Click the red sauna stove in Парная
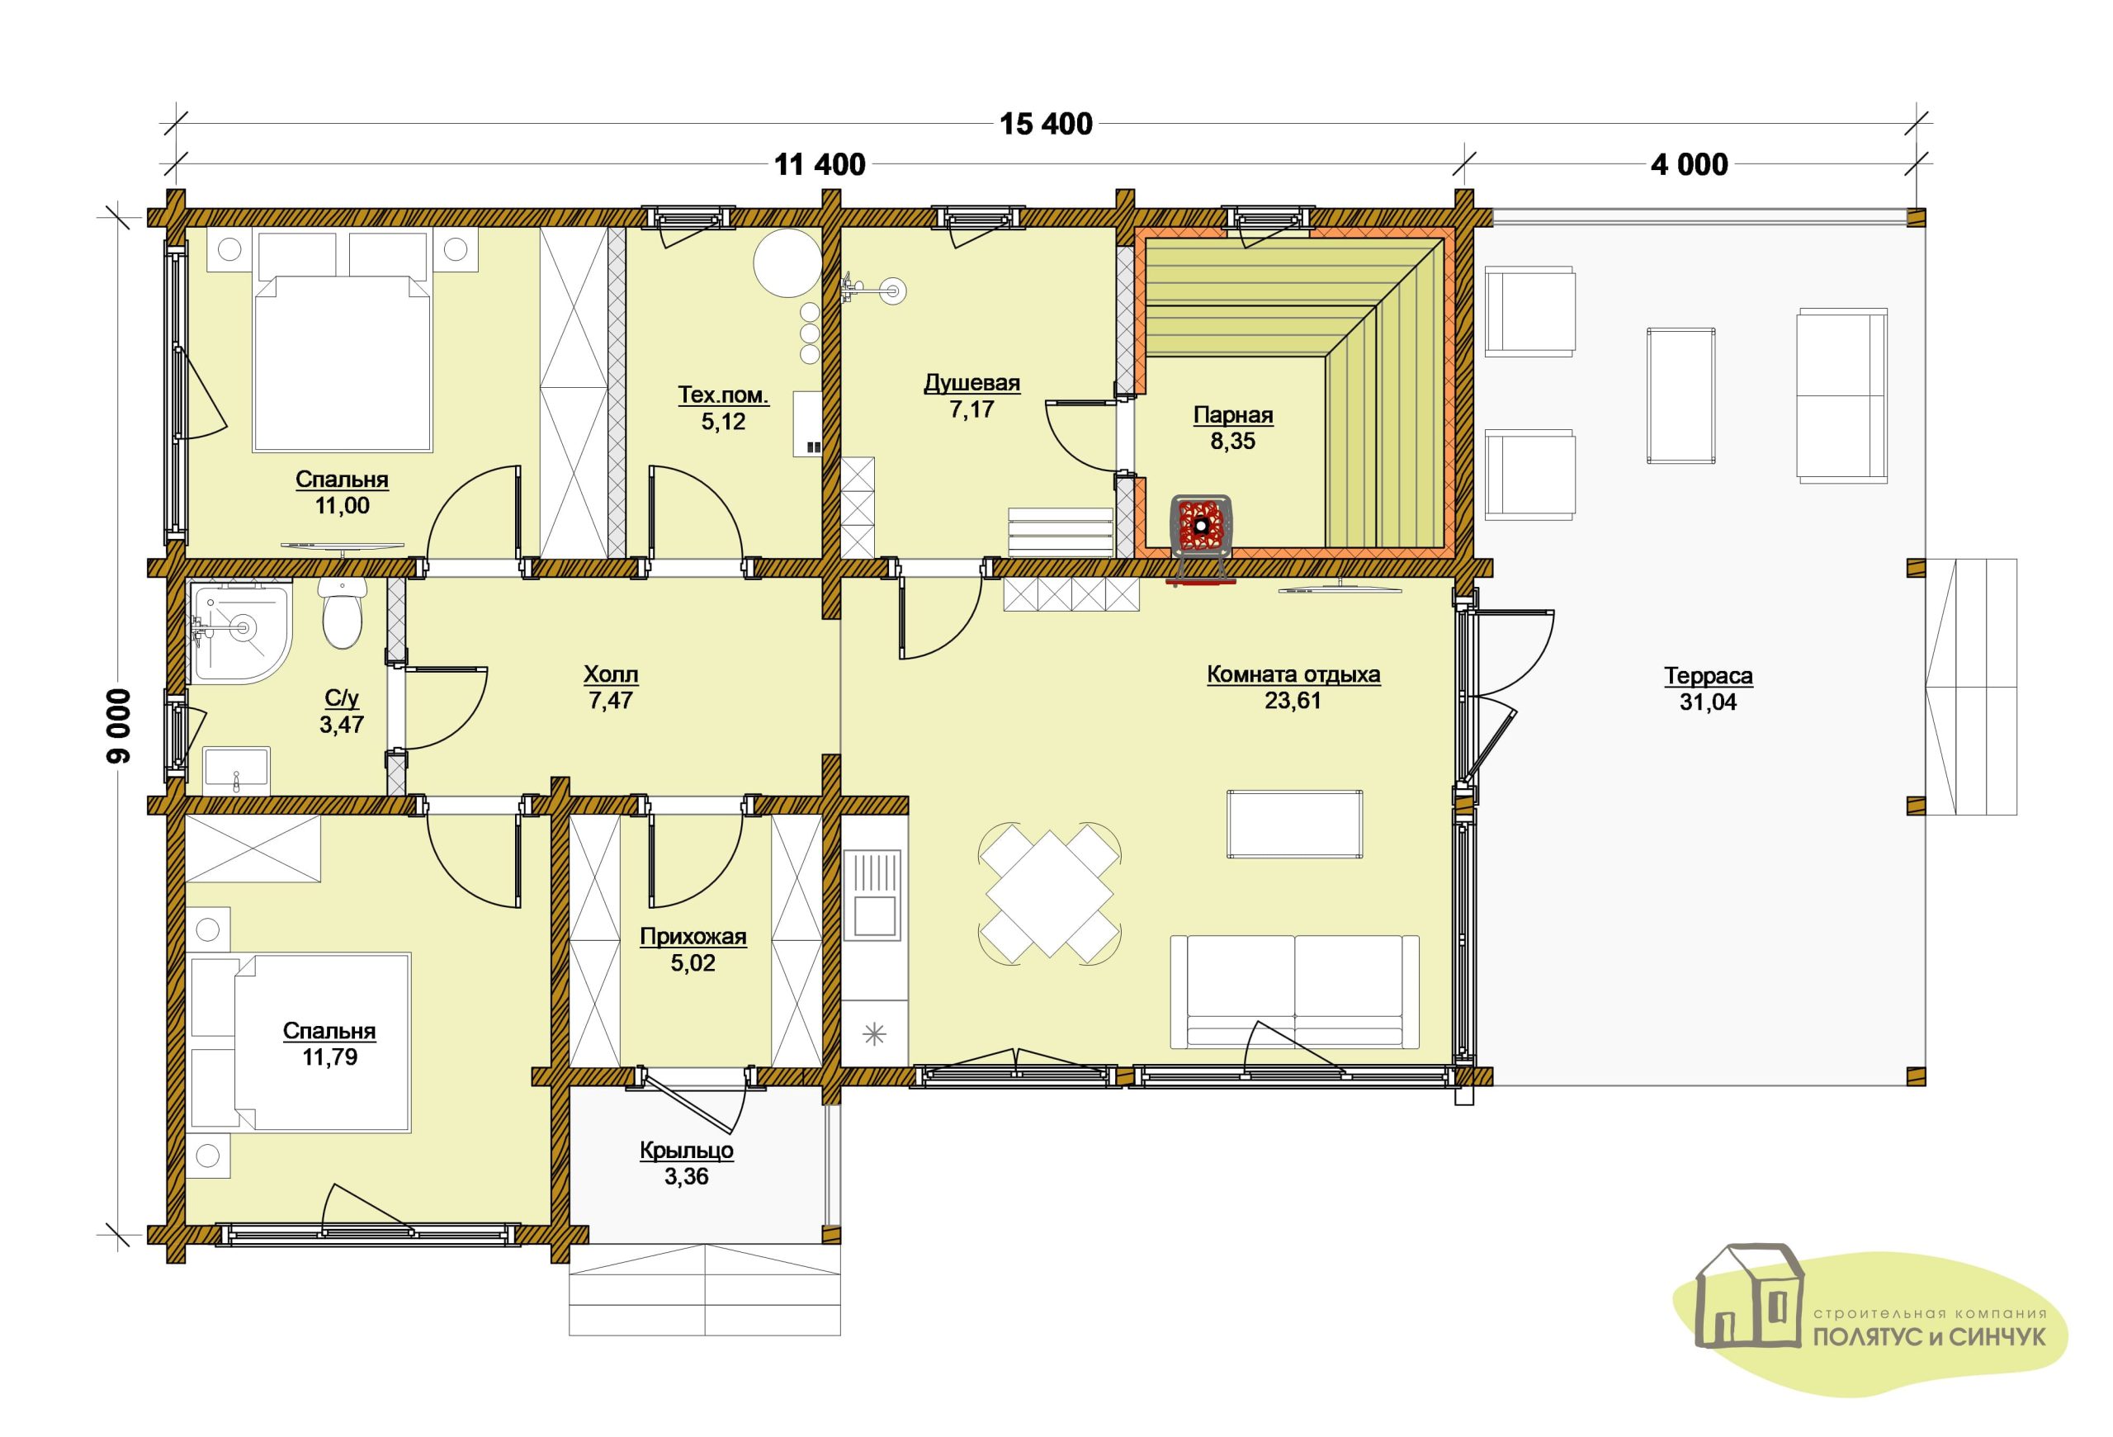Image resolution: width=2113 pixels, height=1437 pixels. [1200, 524]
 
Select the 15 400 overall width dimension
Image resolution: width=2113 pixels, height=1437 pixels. [1047, 124]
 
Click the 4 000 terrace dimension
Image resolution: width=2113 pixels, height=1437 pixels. [1690, 164]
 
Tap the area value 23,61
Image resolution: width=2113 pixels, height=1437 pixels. [1292, 701]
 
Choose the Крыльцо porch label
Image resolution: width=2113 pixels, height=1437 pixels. [687, 1151]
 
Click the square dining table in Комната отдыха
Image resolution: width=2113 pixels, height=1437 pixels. [1049, 892]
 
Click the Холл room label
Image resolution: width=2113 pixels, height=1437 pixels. [611, 674]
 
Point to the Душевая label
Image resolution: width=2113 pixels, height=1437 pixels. [972, 383]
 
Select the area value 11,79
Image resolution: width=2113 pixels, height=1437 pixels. [329, 1057]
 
